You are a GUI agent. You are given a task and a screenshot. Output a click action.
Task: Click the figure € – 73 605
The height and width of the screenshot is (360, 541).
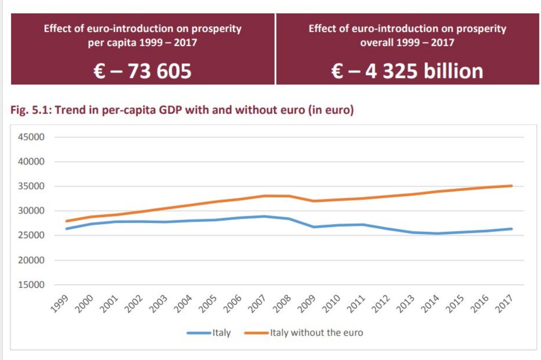143,71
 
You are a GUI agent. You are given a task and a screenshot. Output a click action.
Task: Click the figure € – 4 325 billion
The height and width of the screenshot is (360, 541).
407,71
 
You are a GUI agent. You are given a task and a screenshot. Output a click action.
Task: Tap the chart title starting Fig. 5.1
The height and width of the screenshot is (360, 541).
182,111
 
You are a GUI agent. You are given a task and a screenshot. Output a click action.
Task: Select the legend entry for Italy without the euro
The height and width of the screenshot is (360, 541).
317,333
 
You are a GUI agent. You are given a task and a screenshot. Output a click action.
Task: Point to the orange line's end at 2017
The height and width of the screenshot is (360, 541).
511,186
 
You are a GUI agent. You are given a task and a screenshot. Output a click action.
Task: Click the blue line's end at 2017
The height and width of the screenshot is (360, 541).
511,228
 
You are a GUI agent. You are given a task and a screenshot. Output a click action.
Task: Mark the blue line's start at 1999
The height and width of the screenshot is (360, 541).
66,228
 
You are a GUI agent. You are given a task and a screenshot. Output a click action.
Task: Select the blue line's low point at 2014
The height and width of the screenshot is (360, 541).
437,233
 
